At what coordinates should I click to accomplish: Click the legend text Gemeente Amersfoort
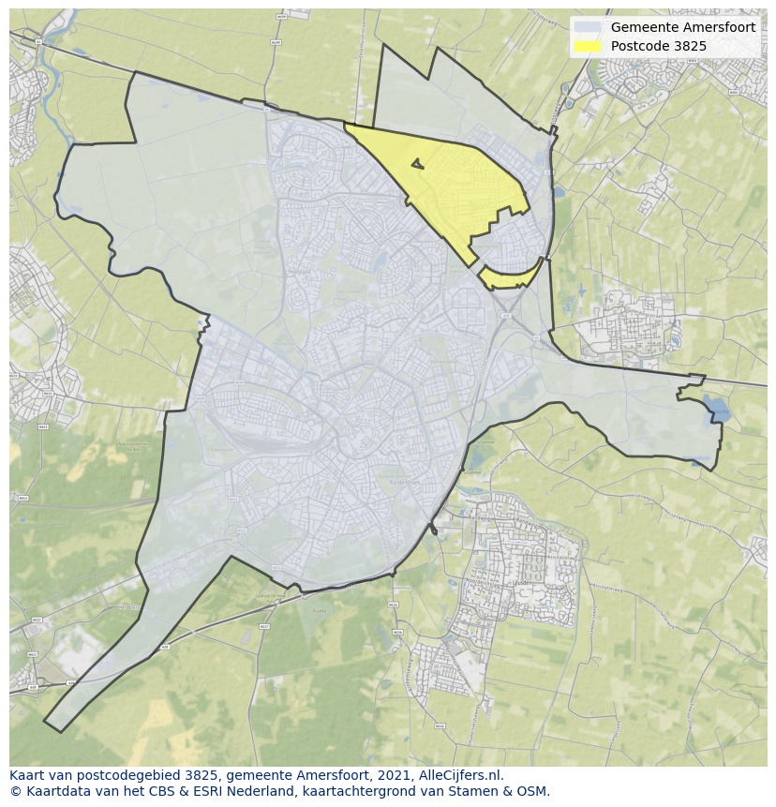click(682, 27)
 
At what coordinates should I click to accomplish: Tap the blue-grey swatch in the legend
click(588, 27)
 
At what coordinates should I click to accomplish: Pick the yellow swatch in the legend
click(588, 45)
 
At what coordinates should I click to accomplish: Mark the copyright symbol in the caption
click(15, 791)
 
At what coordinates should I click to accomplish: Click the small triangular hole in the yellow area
click(417, 165)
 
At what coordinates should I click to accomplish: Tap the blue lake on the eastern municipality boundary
click(715, 407)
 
